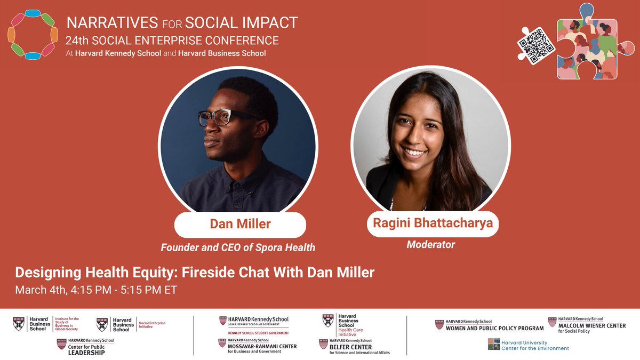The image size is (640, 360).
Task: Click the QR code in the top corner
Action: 536,46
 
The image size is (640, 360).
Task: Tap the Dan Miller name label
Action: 240,225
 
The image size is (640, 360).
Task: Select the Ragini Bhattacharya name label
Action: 432,223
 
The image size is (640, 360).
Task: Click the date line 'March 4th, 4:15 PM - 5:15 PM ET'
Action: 95,290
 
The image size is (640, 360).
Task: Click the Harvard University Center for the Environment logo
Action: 529,345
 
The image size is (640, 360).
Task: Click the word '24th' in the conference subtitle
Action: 77,41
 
